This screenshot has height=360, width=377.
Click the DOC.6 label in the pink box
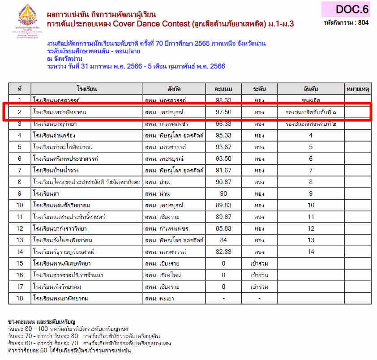(x=352, y=9)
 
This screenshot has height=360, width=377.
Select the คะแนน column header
(x=223, y=88)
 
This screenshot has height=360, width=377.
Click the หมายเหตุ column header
(x=357, y=88)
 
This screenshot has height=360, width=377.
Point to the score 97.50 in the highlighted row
(x=223, y=112)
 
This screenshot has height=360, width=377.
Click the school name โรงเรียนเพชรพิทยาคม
(x=60, y=112)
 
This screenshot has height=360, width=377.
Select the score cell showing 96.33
(x=223, y=124)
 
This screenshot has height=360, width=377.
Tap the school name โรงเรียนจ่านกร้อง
(x=54, y=135)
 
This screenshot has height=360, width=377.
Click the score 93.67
(x=223, y=147)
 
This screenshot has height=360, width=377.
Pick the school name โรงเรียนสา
(x=47, y=193)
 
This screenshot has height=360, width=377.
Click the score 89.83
(x=223, y=205)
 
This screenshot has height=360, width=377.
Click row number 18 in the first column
(x=20, y=298)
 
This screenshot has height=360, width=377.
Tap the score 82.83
(x=223, y=252)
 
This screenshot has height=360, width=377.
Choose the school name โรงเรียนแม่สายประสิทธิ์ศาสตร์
(x=69, y=217)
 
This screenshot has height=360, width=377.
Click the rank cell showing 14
(x=311, y=252)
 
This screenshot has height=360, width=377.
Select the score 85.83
(x=223, y=228)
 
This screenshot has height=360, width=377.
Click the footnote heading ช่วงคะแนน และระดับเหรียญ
(x=42, y=322)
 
